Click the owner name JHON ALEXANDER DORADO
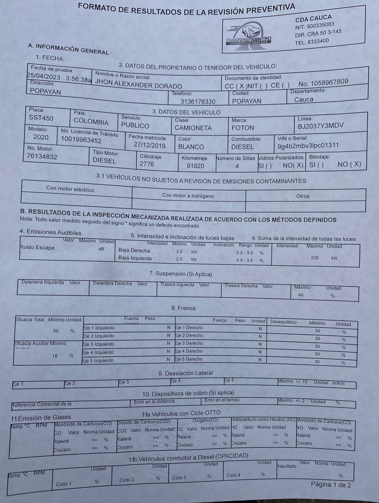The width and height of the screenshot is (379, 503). (138, 83)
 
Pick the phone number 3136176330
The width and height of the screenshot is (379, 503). (198, 101)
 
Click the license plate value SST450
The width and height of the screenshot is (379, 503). (41, 118)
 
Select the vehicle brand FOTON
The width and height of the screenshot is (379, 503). (243, 128)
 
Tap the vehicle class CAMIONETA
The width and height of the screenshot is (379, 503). (193, 128)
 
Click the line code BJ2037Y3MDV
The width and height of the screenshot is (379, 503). (321, 126)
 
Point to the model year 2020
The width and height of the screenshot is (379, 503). (41, 137)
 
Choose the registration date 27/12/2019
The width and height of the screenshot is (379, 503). (149, 145)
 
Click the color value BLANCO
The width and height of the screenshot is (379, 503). (191, 147)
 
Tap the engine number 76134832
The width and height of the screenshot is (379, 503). (42, 156)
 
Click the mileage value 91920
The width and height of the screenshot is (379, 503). (195, 166)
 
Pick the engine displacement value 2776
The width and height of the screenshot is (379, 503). (147, 164)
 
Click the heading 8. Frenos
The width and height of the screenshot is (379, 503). (183, 308)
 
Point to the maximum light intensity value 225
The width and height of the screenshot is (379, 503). (315, 258)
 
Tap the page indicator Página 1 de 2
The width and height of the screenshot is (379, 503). (331, 484)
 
